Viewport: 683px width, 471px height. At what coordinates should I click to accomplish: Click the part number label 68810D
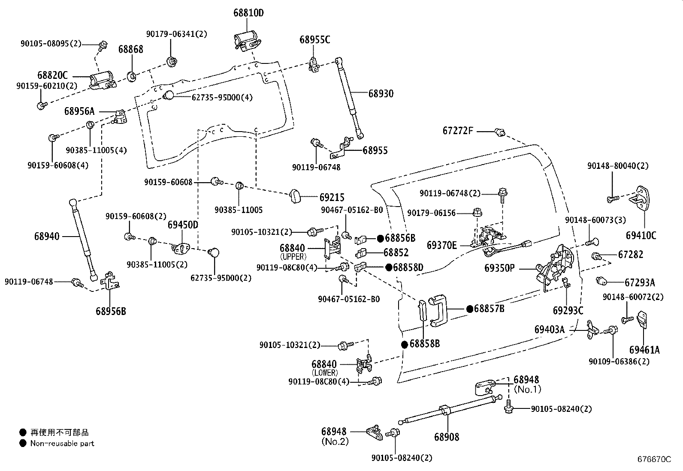coord(248,13)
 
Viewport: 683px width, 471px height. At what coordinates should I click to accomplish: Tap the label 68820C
coord(52,75)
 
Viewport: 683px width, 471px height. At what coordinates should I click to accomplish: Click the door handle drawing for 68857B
coord(438,310)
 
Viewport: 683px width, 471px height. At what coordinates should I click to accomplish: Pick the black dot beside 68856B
coord(380,239)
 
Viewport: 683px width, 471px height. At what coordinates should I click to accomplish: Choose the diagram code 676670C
coord(654,459)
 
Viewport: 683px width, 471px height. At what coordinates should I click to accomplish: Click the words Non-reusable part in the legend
coord(62,443)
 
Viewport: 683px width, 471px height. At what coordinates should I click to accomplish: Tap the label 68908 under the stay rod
coord(446,437)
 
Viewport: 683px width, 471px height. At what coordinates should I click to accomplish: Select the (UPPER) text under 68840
coord(293,257)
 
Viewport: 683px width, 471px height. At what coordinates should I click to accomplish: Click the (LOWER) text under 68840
coord(325,372)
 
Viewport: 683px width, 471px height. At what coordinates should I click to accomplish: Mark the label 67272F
coord(458,131)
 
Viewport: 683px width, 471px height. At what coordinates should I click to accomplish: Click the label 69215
coord(332,198)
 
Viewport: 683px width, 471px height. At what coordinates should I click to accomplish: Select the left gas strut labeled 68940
coord(83,240)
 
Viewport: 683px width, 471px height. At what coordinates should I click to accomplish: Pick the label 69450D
coord(183,225)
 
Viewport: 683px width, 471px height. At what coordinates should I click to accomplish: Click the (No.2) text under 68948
coord(335,441)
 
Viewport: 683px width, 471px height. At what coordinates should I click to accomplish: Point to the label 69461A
coord(644,350)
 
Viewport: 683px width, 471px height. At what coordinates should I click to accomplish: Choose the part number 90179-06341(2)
coord(177,34)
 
